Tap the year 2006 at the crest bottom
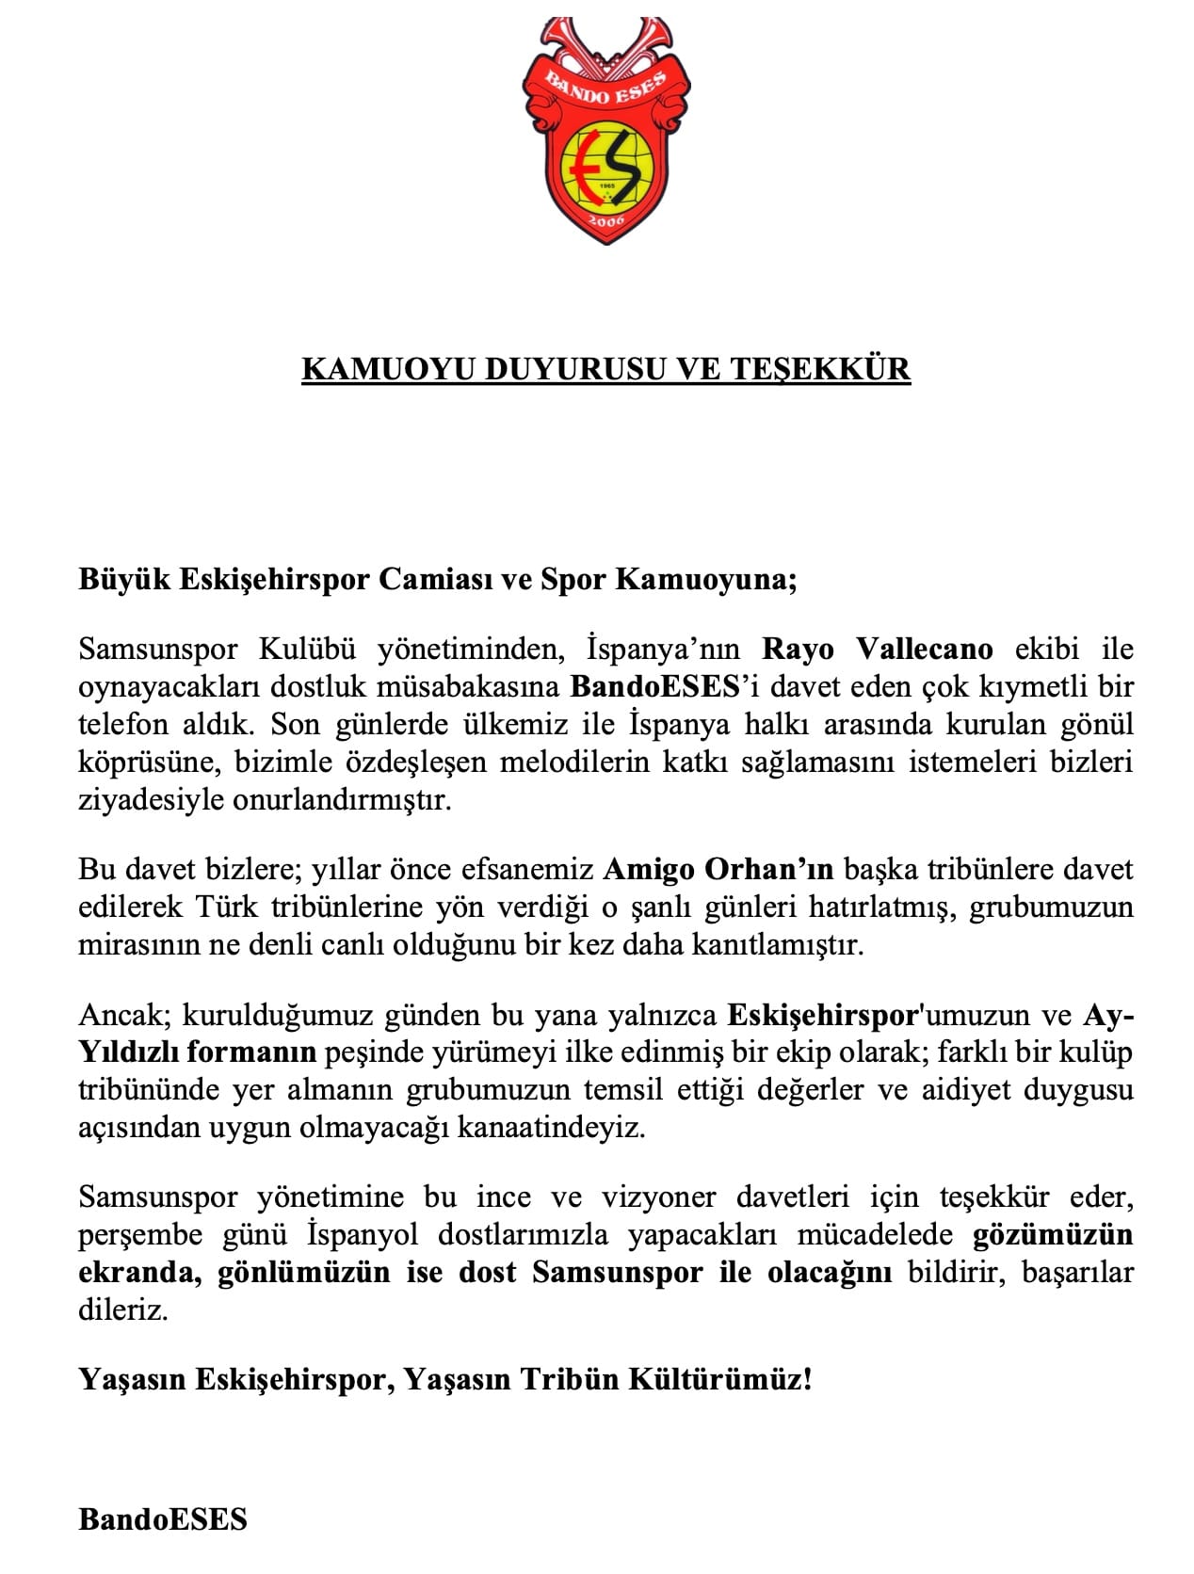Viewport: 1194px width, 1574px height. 606,219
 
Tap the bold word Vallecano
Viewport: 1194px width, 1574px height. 925,649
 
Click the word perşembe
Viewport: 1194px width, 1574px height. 140,1235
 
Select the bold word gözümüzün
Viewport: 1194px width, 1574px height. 1052,1234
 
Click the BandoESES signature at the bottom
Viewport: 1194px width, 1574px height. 163,1519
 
